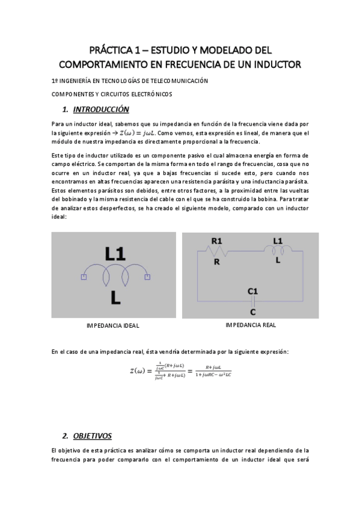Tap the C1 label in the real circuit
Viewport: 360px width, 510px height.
252,291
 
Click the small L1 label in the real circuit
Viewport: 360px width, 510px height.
278,241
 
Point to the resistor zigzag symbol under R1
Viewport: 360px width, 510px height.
217,252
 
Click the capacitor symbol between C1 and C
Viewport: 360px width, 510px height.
252,301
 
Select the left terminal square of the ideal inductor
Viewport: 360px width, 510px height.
84,277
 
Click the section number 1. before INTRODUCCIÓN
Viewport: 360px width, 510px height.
65,110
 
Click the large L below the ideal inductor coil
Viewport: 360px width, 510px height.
116,297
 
